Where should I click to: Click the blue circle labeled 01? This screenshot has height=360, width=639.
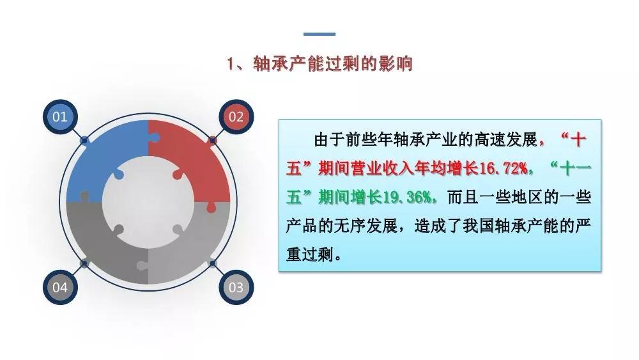(60, 116)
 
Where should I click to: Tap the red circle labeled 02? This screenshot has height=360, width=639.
(236, 116)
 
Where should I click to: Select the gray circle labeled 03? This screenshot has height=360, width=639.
(236, 287)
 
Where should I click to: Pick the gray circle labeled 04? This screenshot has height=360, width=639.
(60, 287)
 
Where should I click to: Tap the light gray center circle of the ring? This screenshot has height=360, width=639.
(148, 202)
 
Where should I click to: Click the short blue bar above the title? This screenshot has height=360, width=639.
(319, 34)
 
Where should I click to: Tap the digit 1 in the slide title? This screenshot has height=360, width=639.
(231, 64)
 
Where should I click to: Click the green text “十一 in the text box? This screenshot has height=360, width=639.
(571, 168)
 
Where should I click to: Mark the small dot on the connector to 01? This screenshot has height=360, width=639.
(84, 140)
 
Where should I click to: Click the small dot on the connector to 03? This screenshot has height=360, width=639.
(212, 263)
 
